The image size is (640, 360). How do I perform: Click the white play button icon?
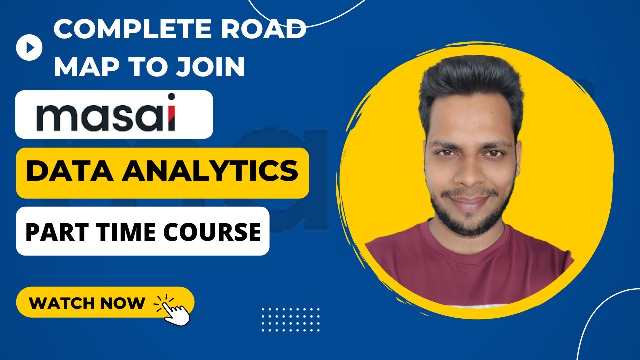coord(29,47)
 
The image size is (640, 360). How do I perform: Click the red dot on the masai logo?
coord(171,96)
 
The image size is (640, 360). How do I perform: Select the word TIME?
coord(119,232)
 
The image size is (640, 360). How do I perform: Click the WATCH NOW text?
coord(87,303)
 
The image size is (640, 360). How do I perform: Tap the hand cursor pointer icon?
coord(175,310)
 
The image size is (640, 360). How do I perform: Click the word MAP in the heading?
coord(83,67)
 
